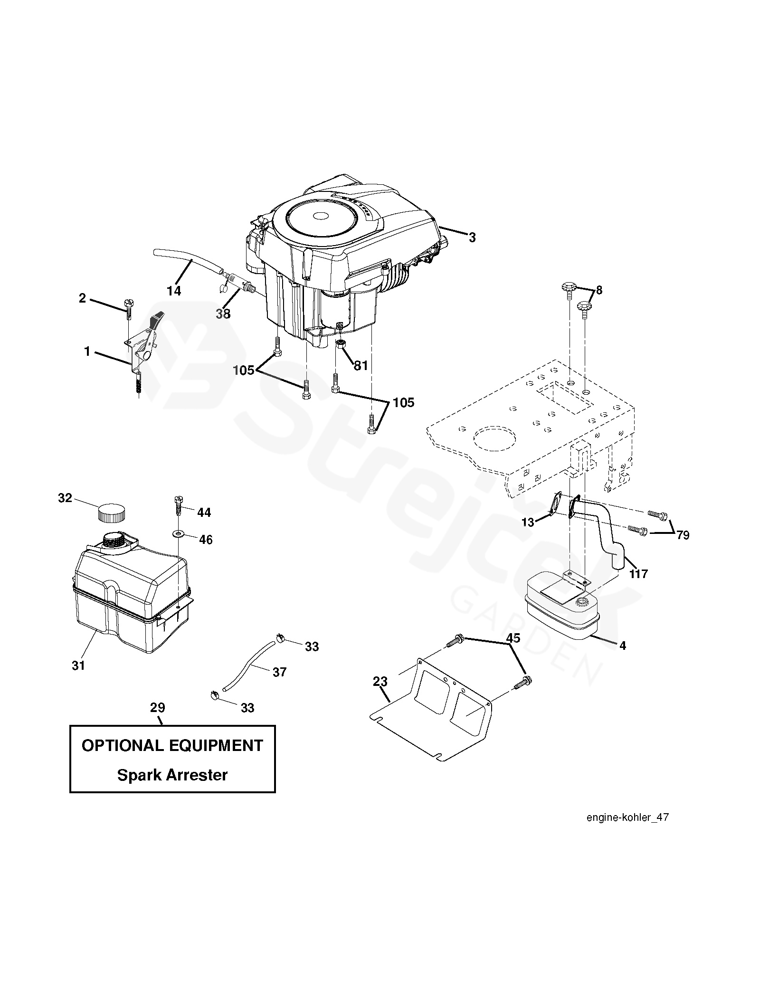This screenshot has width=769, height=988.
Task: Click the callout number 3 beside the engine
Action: pos(472,237)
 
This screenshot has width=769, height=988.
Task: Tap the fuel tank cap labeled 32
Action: pos(112,513)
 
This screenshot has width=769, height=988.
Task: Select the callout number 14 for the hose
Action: pos(174,291)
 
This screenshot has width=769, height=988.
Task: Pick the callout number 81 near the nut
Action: pos(361,365)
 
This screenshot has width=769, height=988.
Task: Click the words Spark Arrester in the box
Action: pos(172,775)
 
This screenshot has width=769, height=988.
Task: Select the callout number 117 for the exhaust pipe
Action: pos(638,574)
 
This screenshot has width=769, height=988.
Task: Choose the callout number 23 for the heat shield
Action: pos(380,682)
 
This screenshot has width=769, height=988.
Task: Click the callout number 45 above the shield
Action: pos(513,638)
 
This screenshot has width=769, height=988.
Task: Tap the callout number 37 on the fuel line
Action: pos(280,672)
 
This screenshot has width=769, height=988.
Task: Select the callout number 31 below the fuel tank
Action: pos(78,665)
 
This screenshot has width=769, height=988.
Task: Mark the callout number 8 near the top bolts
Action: pos(599,290)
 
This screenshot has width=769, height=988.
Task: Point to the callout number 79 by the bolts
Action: pos(683,535)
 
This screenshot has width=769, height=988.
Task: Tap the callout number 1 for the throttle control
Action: pos(87,351)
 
